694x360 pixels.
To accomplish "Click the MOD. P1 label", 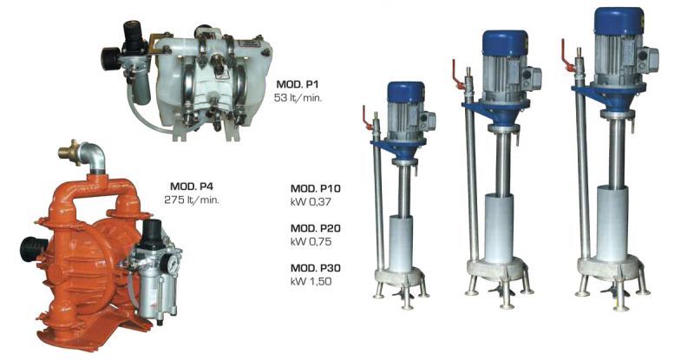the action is [297, 84].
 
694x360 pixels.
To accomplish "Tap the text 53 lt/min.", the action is [298, 98].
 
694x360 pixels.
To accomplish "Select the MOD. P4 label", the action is [192, 186].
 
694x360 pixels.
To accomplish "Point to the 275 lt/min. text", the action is [192, 200].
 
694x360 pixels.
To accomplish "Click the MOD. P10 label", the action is [316, 188].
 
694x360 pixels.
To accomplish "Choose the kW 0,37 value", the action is [311, 202].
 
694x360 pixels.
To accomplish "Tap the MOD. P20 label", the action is [316, 228].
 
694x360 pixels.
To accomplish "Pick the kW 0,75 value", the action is [311, 242].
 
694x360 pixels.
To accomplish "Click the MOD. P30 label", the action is [316, 268].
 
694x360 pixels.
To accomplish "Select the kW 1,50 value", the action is [311, 281].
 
